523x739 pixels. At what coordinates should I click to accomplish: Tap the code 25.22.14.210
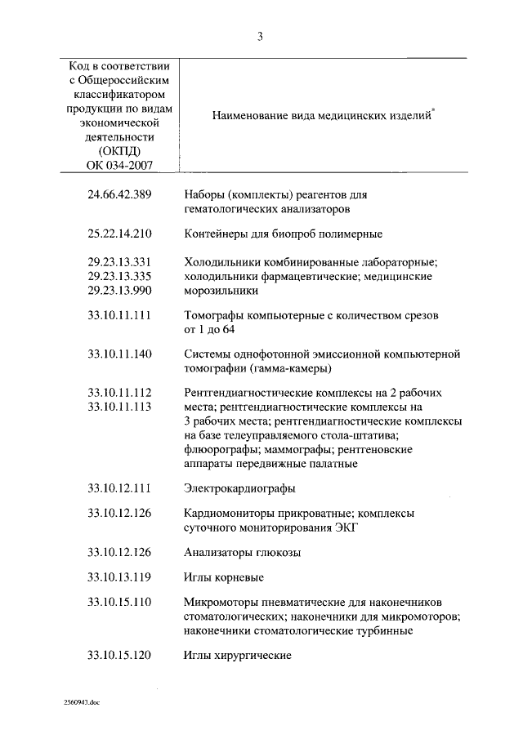pos(119,234)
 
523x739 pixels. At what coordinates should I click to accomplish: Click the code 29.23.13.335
pos(119,276)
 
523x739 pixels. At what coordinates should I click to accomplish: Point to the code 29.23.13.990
pos(119,290)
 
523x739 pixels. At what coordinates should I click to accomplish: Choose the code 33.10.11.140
pos(119,354)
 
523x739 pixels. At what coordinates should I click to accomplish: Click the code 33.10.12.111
pos(119,488)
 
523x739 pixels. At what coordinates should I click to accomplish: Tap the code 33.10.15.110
pos(119,603)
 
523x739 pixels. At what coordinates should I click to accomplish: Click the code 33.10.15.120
pos(119,656)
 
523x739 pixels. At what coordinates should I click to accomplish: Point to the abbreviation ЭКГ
pos(347,528)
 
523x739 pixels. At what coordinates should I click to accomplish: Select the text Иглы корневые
pos(224,578)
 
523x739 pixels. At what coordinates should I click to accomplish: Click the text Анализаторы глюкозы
pos(243,553)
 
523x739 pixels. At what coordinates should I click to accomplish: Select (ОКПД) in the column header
pos(119,151)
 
